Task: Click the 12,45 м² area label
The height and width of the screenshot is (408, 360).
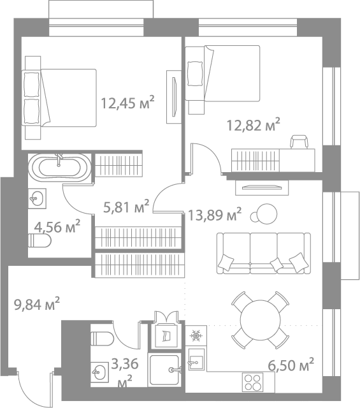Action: pyautogui.click(x=127, y=102)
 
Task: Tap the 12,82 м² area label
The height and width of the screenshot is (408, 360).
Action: pyautogui.click(x=254, y=125)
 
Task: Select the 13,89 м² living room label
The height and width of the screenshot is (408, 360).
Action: pyautogui.click(x=214, y=214)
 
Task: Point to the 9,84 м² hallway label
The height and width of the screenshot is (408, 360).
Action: pyautogui.click(x=37, y=303)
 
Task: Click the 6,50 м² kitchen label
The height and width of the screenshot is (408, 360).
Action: pyautogui.click(x=291, y=365)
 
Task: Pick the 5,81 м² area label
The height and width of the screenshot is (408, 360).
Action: pyautogui.click(x=126, y=207)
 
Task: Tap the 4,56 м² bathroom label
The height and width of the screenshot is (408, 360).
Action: pyautogui.click(x=57, y=226)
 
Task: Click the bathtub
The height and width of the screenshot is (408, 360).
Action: pyautogui.click(x=60, y=167)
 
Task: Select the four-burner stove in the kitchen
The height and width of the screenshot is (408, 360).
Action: pyautogui.click(x=252, y=382)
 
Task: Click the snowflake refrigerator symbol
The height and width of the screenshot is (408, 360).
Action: pyautogui.click(x=196, y=336)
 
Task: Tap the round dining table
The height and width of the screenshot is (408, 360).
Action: pyautogui.click(x=261, y=319)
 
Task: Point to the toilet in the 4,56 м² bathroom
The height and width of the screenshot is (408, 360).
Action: pyautogui.click(x=40, y=241)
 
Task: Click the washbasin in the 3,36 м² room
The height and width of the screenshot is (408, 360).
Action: pyautogui.click(x=99, y=372)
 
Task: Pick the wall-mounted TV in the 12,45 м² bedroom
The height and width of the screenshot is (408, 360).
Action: pyautogui.click(x=175, y=97)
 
